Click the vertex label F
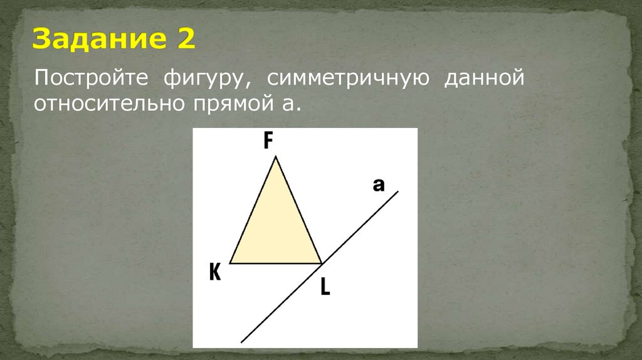268,142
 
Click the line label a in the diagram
378,184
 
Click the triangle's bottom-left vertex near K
230,263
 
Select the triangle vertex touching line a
322,263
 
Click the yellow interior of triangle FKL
276,232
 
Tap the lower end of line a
242,342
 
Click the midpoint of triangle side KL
276,263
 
